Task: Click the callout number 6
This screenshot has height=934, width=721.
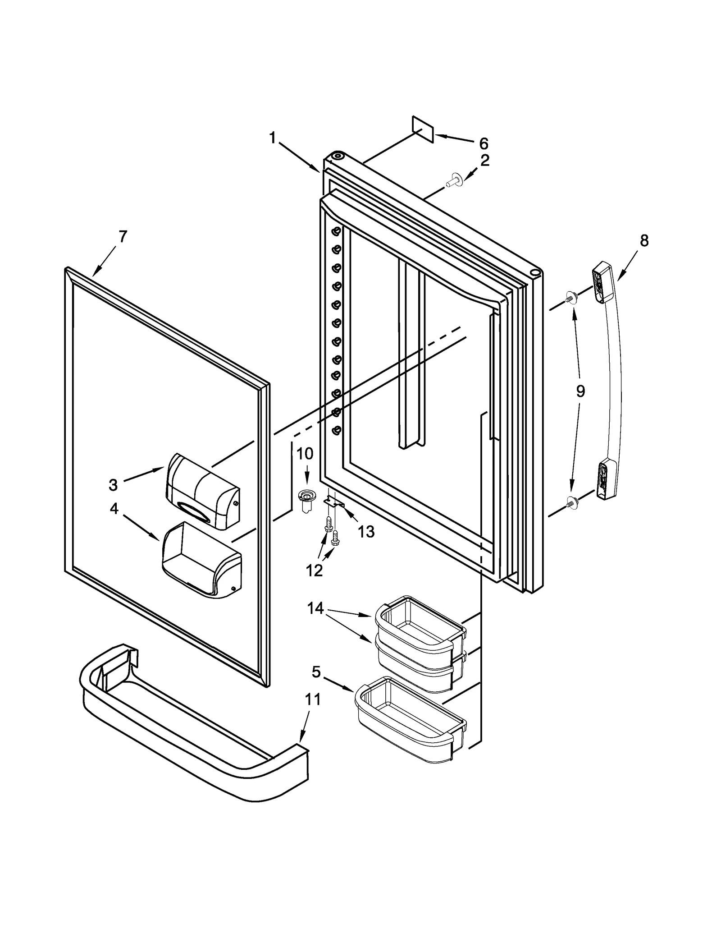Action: (x=484, y=144)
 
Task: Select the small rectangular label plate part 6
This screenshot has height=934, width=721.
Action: (x=423, y=129)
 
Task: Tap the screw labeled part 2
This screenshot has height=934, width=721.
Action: (x=452, y=182)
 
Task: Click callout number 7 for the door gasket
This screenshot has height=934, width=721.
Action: (x=123, y=236)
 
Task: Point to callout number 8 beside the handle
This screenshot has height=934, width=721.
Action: (x=644, y=241)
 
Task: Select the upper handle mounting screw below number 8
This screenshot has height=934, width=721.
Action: (x=571, y=298)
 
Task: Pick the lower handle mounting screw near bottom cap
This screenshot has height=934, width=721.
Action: (x=571, y=500)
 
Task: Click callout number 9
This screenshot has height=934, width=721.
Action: (x=580, y=391)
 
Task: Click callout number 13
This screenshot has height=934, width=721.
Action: (x=366, y=532)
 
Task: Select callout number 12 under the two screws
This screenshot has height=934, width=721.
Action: (x=314, y=571)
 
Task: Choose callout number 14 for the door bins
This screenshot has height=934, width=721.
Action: (x=315, y=608)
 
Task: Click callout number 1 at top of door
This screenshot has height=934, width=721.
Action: (x=272, y=138)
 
